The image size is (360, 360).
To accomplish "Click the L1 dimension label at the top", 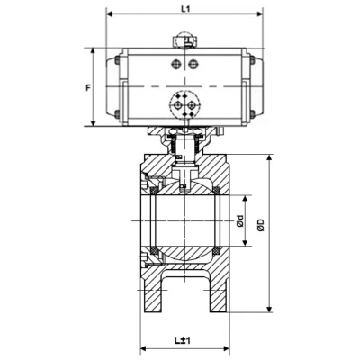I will click(185, 9).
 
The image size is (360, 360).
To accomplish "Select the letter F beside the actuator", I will click(87, 87).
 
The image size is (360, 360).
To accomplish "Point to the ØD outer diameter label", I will click(260, 225).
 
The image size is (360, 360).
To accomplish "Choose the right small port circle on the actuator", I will click(193, 63).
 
